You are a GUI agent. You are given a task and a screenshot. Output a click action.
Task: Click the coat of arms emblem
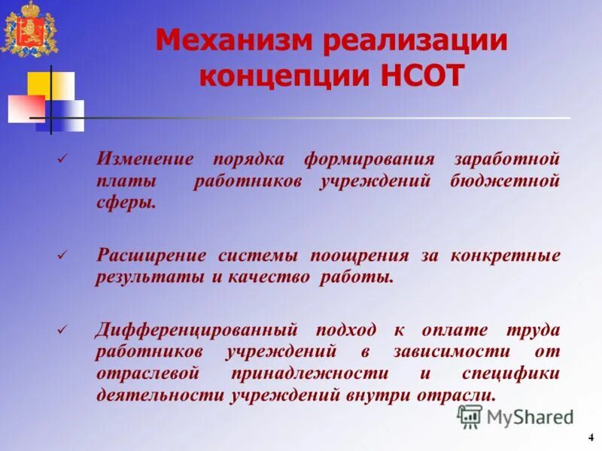[29, 30]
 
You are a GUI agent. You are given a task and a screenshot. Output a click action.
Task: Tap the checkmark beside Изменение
[62, 159]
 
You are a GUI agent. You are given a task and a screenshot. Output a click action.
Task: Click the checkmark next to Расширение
[62, 256]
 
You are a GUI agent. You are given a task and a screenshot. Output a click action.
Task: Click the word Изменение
[144, 159]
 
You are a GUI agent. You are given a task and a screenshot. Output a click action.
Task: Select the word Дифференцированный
[197, 330]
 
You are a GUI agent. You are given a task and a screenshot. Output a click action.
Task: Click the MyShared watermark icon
[470, 416]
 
